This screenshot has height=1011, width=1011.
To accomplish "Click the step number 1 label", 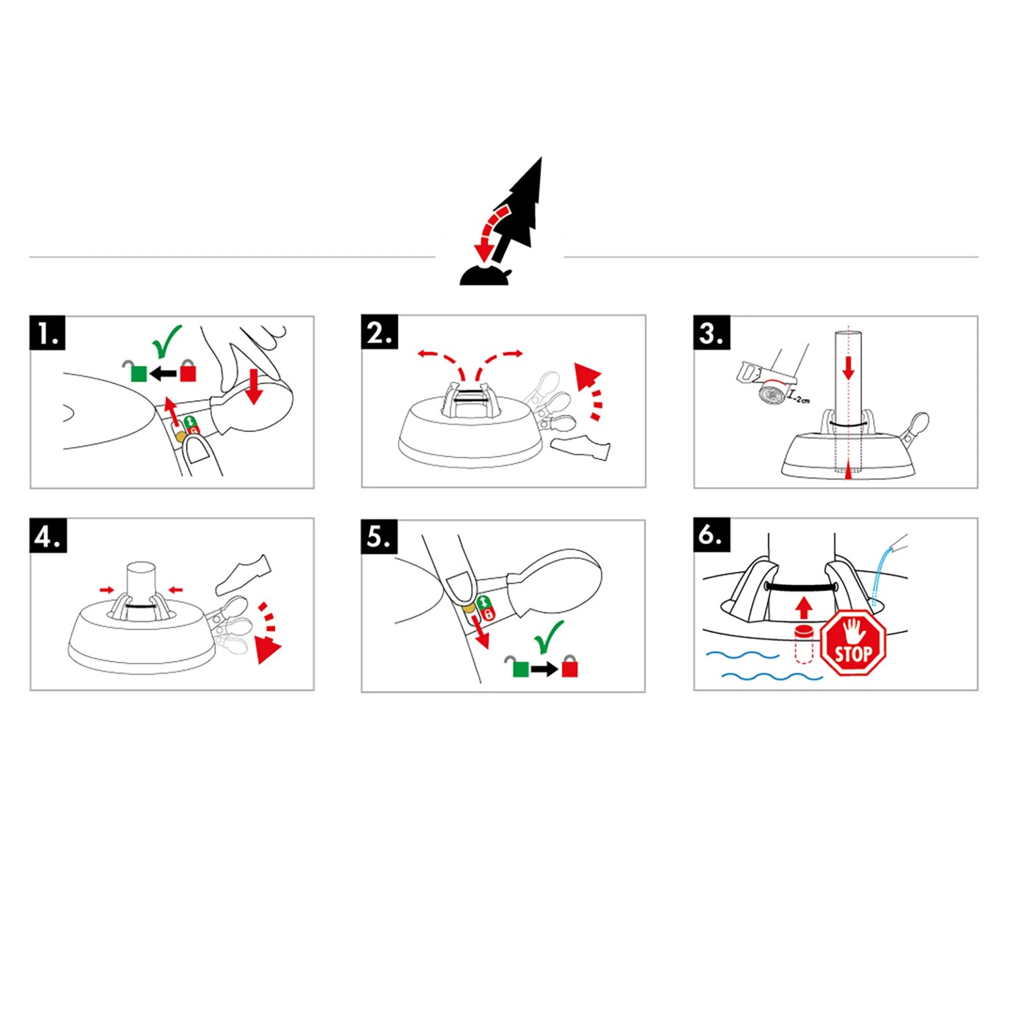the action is [x=48, y=333].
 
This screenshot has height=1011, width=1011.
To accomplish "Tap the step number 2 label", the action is [x=379, y=332].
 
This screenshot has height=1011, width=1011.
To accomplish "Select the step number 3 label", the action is [x=712, y=333].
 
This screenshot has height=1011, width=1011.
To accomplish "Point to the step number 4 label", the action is [x=48, y=536].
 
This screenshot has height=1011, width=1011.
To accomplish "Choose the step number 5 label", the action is [x=379, y=537].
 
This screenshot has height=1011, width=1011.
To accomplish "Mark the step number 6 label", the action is [x=712, y=535].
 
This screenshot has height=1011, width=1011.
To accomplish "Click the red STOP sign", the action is [x=853, y=643].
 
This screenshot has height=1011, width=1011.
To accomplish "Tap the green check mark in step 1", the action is [x=166, y=342].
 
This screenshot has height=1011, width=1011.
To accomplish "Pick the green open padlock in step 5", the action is [x=518, y=667].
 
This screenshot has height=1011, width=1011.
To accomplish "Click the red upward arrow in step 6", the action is [x=803, y=608].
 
